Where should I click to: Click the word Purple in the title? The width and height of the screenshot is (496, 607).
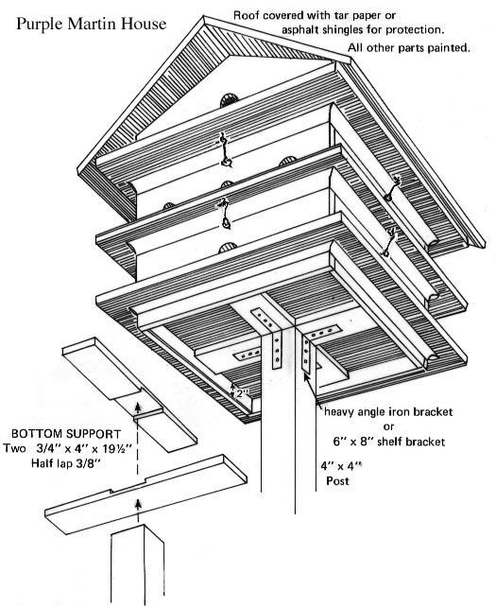pyautogui.click(x=41, y=20)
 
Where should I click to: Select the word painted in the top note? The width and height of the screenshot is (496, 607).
pyautogui.click(x=446, y=48)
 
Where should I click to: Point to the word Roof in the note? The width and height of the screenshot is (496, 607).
pyautogui.click(x=249, y=16)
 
